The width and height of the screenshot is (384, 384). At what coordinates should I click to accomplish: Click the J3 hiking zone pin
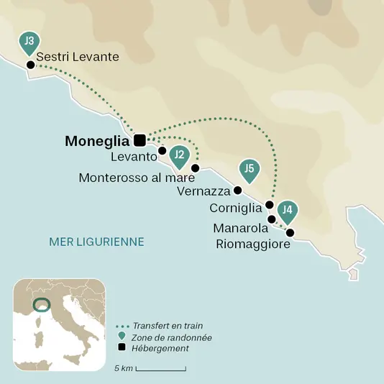pos(29,42)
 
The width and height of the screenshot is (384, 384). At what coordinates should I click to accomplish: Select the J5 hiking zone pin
pos(249,170)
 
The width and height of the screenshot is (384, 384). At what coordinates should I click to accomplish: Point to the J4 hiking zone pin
pos(288,211)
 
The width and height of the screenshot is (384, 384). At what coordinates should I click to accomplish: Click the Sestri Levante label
pos(77,56)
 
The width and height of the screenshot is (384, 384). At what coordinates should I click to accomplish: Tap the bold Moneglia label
pos(97,141)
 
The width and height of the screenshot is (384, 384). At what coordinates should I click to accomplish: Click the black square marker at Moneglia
pos(140,140)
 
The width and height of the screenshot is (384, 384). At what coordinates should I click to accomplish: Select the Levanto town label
pos(134,156)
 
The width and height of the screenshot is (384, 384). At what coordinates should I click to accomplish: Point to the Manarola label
pos(241,228)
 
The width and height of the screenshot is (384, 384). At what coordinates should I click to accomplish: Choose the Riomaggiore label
pos(253,244)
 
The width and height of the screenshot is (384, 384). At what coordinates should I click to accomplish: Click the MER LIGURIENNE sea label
pos(96,242)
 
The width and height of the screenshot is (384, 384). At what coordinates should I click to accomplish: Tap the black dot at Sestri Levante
pos(31,65)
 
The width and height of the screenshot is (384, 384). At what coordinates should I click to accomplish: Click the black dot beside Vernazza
pos(237,191)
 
